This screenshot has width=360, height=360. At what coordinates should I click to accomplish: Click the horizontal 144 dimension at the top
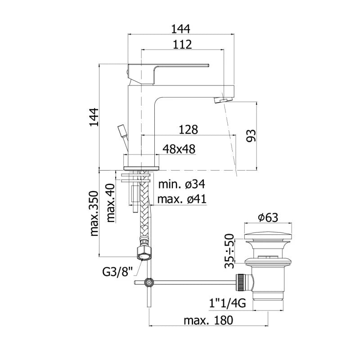(x=181, y=29)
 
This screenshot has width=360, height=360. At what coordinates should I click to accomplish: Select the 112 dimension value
(x=182, y=44)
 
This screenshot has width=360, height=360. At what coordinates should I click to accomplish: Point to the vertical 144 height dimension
(x=94, y=117)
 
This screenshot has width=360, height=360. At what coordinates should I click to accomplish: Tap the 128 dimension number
(x=188, y=130)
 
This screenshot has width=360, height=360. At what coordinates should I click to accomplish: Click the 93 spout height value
(x=251, y=136)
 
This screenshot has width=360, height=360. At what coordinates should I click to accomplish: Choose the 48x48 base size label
(x=179, y=149)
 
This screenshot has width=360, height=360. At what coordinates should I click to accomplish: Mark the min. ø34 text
(x=182, y=184)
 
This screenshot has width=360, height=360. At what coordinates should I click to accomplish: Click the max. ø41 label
(x=182, y=199)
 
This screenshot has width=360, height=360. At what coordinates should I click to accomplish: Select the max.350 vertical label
(x=94, y=213)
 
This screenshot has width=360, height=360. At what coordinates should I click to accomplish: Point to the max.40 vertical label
(x=111, y=203)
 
